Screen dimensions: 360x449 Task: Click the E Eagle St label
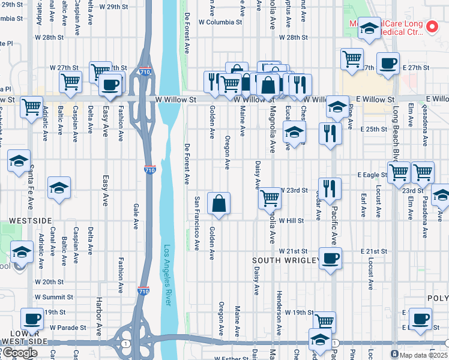(371, 175)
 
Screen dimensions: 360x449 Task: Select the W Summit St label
(53, 297)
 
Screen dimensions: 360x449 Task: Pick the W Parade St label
(68, 328)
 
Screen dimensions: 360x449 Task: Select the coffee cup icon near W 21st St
(330, 259)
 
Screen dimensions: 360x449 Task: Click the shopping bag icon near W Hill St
(218, 203)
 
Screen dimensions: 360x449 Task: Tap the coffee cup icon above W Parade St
(32, 319)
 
